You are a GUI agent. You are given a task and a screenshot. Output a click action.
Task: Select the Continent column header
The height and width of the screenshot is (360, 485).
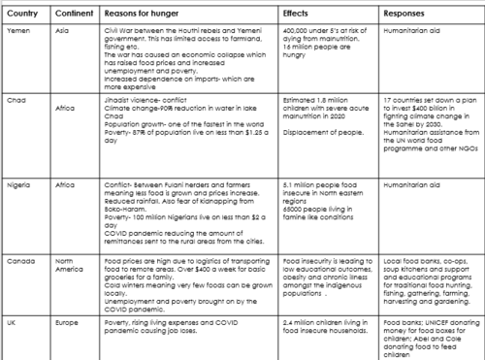[72, 15]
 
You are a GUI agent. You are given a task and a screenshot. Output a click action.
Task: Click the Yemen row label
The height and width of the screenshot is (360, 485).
[19, 31]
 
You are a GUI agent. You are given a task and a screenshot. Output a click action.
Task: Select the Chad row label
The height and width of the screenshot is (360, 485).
[17, 99]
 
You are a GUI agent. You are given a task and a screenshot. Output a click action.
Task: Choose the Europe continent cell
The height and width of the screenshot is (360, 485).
[70, 321]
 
